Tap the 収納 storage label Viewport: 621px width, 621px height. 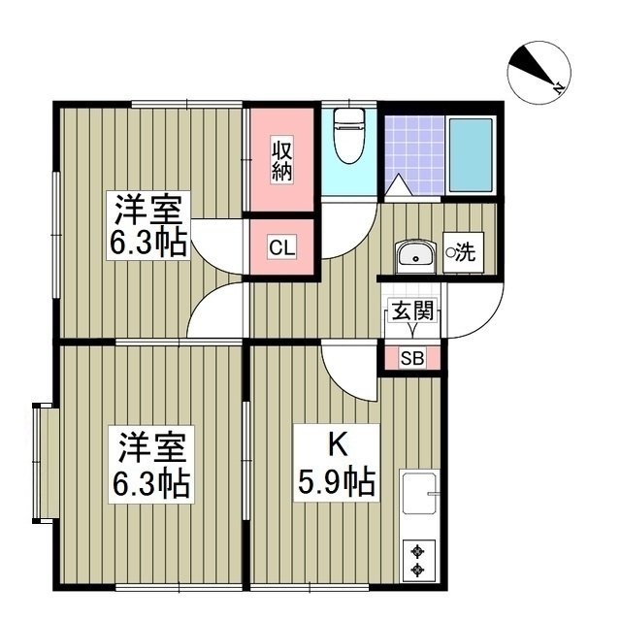[282, 161]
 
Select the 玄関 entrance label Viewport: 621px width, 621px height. [409, 311]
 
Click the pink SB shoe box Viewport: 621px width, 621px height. [411, 358]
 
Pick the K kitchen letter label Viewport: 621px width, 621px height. [336, 444]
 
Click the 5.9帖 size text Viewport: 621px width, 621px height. [337, 481]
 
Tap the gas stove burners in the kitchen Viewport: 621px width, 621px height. [418, 560]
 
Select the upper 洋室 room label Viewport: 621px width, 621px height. [150, 209]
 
